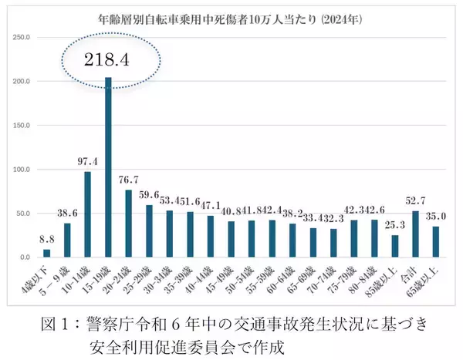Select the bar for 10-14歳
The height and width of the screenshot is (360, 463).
[87, 214]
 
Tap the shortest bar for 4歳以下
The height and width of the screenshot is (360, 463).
[47, 253]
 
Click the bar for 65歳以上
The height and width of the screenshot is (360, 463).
[435, 241]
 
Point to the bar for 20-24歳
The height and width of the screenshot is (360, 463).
[127, 224]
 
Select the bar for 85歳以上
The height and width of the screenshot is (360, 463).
[395, 246]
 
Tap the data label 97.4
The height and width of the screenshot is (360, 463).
[86, 163]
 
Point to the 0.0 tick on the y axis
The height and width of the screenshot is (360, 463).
[24, 257]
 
